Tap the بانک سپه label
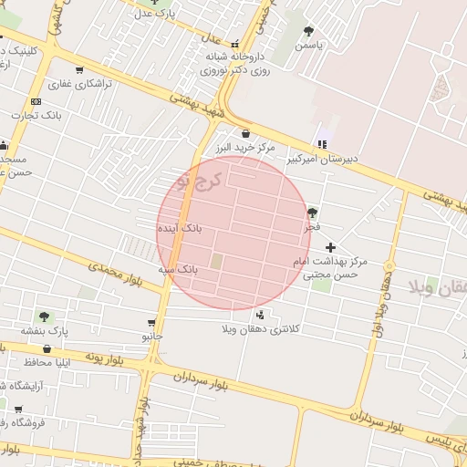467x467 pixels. pos(177,270)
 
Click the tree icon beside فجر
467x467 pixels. pos(313,212)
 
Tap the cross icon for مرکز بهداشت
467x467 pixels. pos(330,247)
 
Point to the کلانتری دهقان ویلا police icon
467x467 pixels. pos(261,315)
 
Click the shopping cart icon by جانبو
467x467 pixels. pos(151,322)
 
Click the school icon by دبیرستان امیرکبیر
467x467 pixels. pos(321,143)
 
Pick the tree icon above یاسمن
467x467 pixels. pos(308,30)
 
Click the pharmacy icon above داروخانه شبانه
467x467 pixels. pos(235,43)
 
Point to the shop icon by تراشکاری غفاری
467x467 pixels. pos(79,69)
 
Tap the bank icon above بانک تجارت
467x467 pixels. pos(36,101)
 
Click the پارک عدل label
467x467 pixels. pos(154,14)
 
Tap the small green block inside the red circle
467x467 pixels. pos(217,262)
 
